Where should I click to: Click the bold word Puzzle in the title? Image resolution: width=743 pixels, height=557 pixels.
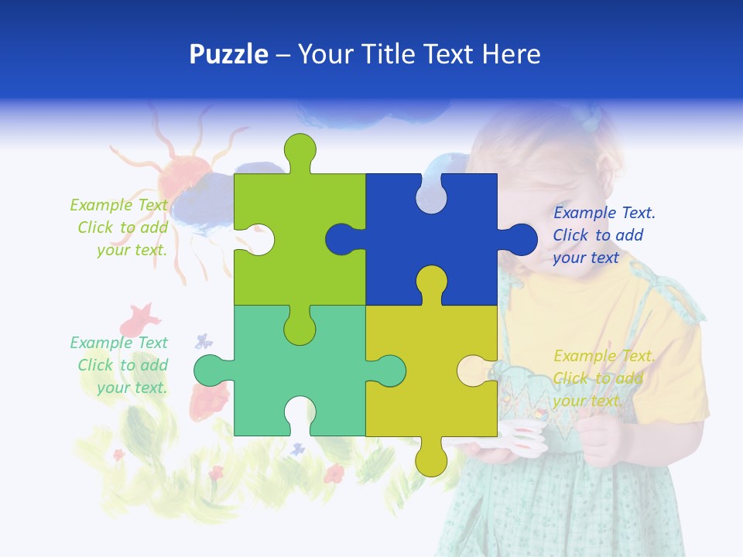229,54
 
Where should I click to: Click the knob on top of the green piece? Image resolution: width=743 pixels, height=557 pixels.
300,151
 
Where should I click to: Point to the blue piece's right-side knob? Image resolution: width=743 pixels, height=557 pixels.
520,240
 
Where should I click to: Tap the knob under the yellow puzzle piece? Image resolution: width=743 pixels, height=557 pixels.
431,458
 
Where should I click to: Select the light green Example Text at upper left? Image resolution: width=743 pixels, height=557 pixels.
119,227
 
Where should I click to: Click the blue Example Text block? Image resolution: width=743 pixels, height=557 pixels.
604,235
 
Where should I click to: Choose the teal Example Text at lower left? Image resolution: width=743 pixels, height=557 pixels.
119,365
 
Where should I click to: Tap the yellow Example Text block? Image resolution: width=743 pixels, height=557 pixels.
604,378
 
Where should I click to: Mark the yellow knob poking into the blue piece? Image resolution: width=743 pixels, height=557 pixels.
431,282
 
